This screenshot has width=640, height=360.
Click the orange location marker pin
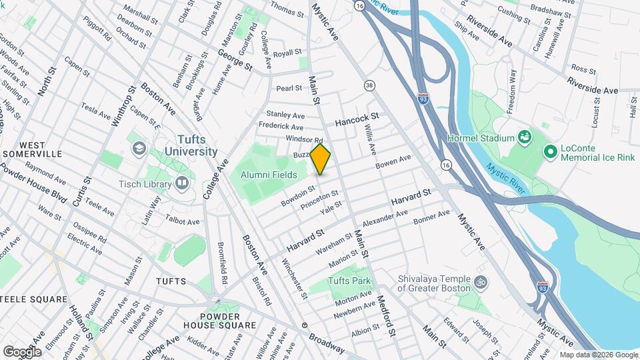321,159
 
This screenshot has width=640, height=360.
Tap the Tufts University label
187,145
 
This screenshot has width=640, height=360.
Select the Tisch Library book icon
183,183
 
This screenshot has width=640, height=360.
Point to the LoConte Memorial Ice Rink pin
551,152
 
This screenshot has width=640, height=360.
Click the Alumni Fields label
269,174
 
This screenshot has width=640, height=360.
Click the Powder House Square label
219,320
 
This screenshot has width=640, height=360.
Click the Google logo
22,351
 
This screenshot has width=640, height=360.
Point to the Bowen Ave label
393,162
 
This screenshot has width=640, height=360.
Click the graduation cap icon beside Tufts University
139,147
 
